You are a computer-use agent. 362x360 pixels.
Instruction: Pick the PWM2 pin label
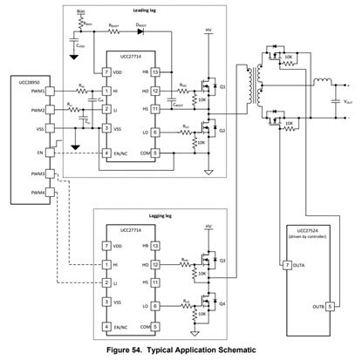14,111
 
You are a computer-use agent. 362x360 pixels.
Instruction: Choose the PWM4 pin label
14,194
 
